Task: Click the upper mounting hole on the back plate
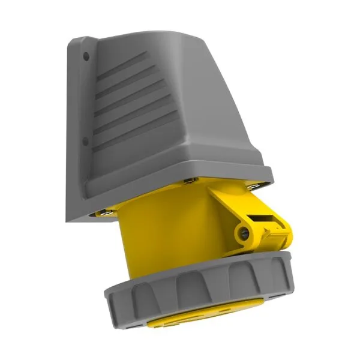pyautogui.click(x=86, y=56)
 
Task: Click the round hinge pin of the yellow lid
pyautogui.click(x=244, y=233)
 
